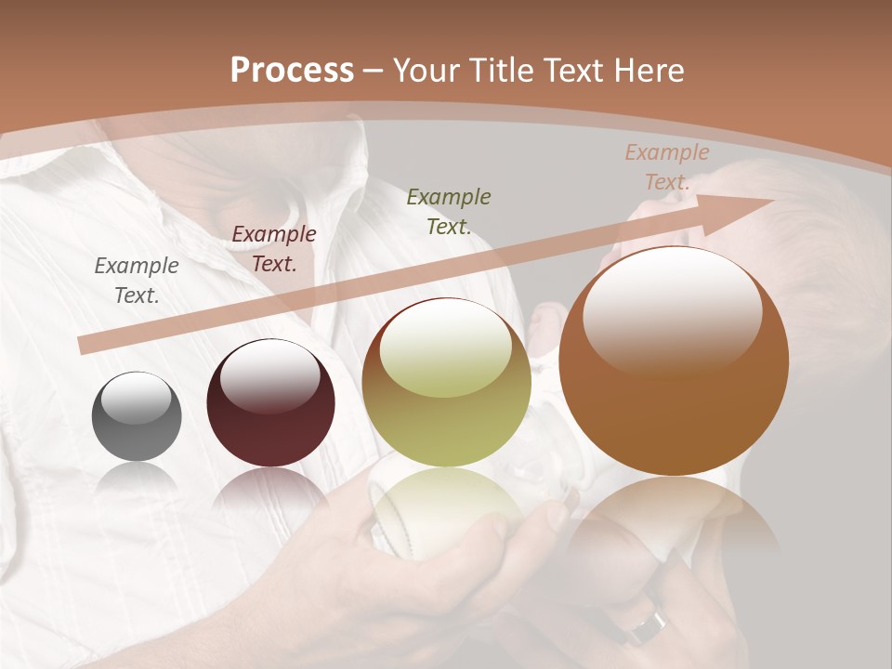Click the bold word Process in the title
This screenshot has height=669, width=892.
[x=292, y=71]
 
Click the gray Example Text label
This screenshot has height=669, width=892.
[x=137, y=281]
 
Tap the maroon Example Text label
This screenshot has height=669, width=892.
[x=274, y=249]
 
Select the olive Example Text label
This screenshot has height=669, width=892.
[x=449, y=211]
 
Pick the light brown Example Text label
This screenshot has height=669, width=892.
[x=666, y=167]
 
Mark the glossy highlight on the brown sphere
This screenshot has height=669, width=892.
[x=672, y=311]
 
